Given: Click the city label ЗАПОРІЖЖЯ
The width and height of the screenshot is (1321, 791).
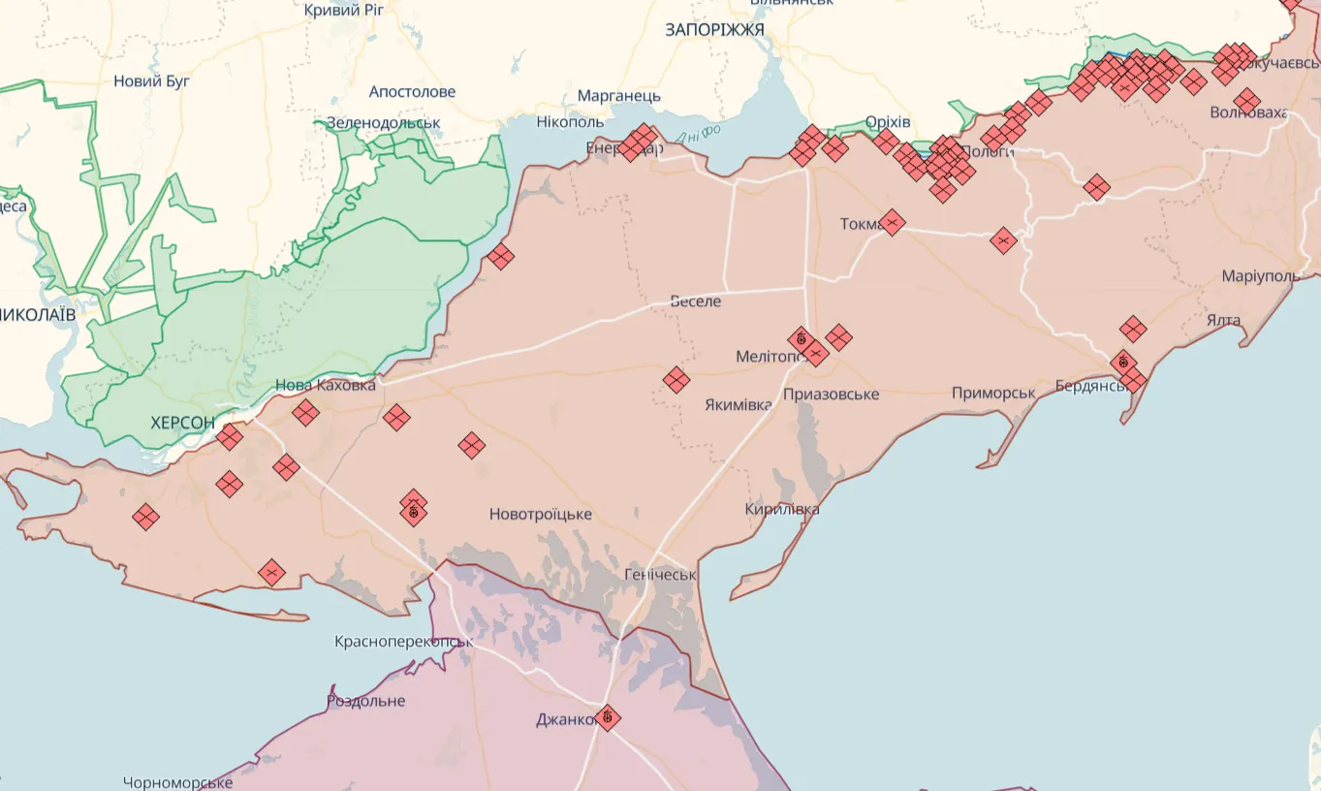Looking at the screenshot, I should pyautogui.click(x=714, y=30).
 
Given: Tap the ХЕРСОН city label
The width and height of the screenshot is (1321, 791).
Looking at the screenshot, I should pyautogui.click(x=182, y=423).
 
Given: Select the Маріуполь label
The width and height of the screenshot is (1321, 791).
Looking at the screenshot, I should pyautogui.click(x=1261, y=276).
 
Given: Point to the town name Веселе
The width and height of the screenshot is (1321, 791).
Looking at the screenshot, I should pyautogui.click(x=696, y=301).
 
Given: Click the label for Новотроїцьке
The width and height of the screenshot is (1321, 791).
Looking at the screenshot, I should pyautogui.click(x=540, y=514).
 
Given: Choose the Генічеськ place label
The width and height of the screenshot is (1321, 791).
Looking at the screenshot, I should pyautogui.click(x=660, y=575).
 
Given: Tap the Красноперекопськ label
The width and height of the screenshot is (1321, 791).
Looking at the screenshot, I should pyautogui.click(x=403, y=642).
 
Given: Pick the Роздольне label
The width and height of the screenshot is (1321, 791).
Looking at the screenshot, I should pyautogui.click(x=365, y=701).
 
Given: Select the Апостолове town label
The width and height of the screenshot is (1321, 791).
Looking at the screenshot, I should pyautogui.click(x=412, y=92).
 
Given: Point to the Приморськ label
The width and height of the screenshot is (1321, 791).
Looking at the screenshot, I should pyautogui.click(x=993, y=393).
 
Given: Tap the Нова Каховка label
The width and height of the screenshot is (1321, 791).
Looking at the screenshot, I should pyautogui.click(x=326, y=385).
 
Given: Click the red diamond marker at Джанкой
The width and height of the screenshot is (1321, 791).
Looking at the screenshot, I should pyautogui.click(x=608, y=717).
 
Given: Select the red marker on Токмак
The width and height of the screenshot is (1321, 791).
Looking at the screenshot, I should pyautogui.click(x=892, y=223).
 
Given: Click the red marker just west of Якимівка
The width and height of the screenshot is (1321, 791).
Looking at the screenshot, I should pyautogui.click(x=676, y=380).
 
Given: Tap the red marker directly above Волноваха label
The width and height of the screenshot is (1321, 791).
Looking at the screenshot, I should pyautogui.click(x=1247, y=101).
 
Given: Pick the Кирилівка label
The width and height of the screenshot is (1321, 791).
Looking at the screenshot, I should pyautogui.click(x=782, y=509).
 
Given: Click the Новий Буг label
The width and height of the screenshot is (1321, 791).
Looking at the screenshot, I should pyautogui.click(x=152, y=81).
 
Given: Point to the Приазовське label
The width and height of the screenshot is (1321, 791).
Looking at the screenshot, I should pyautogui.click(x=831, y=395).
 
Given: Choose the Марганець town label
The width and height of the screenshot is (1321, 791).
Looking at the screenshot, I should pyautogui.click(x=618, y=96).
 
